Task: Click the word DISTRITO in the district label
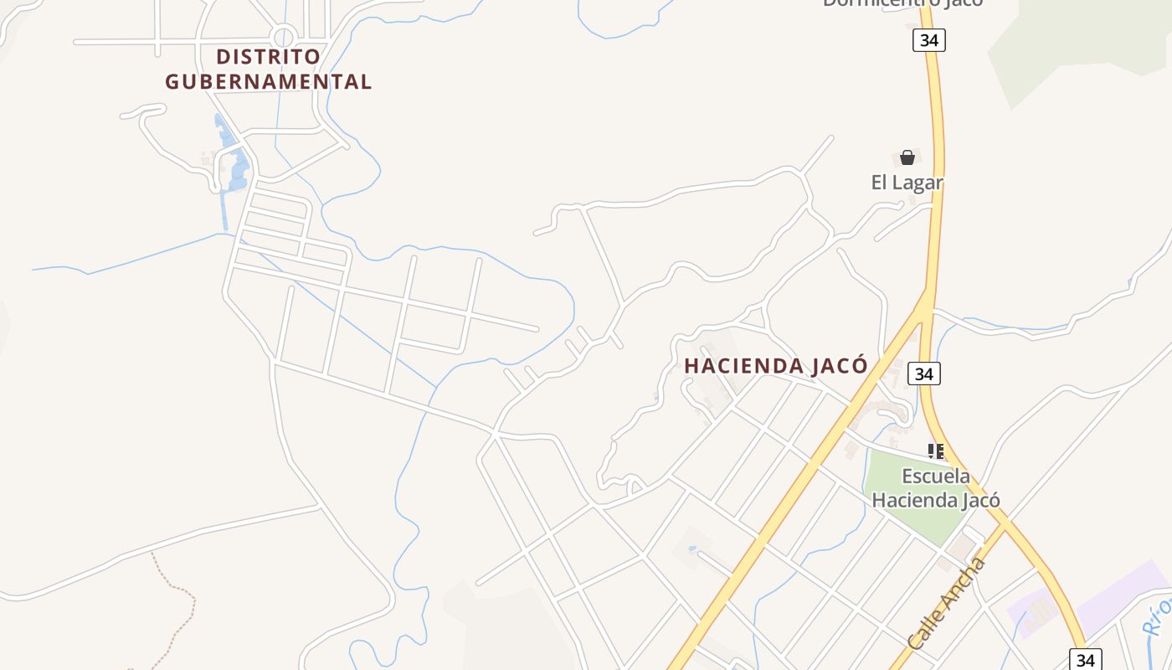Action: tap(268, 57)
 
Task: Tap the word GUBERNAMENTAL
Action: tap(268, 82)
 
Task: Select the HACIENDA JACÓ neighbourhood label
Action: tap(775, 366)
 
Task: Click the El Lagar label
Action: tap(907, 183)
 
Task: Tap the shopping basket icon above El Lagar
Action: tap(907, 157)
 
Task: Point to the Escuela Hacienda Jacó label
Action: tap(936, 488)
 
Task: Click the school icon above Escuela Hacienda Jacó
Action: tap(936, 451)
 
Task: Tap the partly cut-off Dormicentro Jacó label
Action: tap(902, 3)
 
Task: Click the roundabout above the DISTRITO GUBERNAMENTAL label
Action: tap(284, 37)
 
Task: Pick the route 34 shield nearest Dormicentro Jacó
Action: tap(928, 40)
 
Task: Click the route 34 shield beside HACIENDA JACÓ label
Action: tap(923, 374)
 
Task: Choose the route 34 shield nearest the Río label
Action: tap(1085, 659)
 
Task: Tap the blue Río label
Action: tap(1158, 616)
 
